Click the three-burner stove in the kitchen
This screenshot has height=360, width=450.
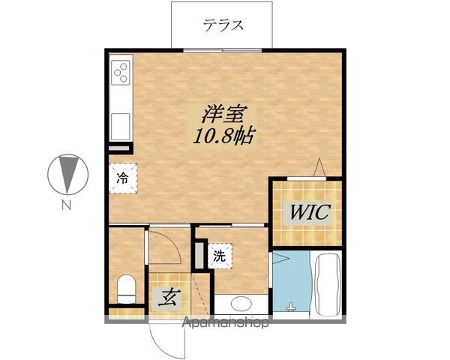coord(121,73)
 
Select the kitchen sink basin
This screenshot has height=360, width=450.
coord(120,123)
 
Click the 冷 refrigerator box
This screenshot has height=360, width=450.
coord(121,178)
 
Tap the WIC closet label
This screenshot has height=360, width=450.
coord(307,212)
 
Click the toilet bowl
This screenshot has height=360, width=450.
coord(125,288)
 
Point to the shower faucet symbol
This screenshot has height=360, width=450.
coord(292,307)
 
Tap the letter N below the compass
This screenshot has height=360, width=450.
coord(66,204)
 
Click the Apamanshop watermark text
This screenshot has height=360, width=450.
coord(226,324)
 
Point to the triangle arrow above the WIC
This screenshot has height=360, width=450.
coord(319,168)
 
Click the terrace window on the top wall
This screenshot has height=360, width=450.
coord(222,49)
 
